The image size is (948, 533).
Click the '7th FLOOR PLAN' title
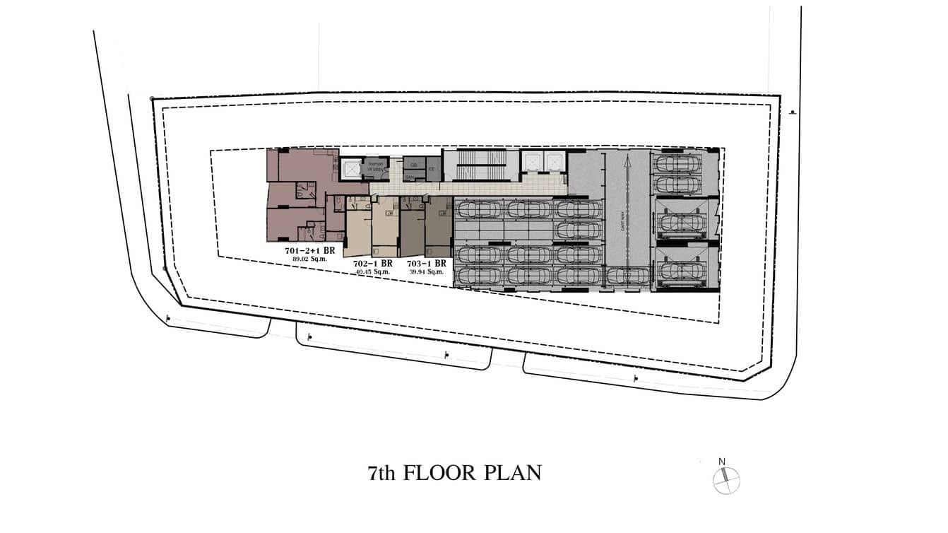click(x=454, y=473)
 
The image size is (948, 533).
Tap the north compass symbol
click(x=725, y=481)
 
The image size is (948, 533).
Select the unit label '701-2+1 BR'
click(x=309, y=250)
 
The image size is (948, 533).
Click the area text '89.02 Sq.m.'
click(x=309, y=259)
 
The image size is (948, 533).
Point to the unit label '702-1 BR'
click(x=372, y=263)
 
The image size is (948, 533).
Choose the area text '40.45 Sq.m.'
click(x=372, y=271)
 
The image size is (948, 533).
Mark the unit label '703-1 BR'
click(x=426, y=263)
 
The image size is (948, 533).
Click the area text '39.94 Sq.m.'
click(x=426, y=271)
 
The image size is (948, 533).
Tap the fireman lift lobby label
click(x=374, y=167)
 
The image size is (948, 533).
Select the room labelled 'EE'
click(x=432, y=168)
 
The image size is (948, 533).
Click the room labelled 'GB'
click(x=413, y=164)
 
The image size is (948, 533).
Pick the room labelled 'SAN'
click(x=410, y=177)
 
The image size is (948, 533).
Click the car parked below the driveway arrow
click(x=627, y=276)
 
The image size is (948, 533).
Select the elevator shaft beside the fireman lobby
click(x=350, y=168)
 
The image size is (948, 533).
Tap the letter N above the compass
click(x=722, y=462)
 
